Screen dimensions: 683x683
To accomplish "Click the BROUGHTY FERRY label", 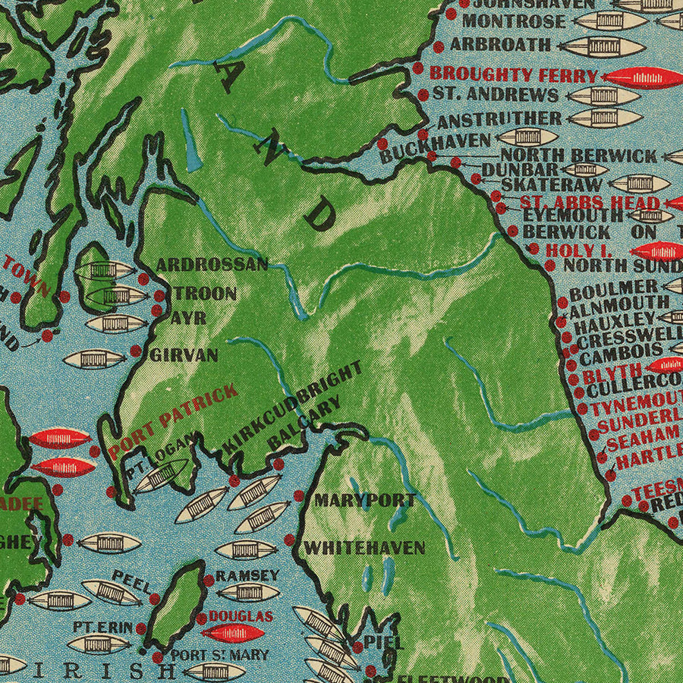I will [514, 74].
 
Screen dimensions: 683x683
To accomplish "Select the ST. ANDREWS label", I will [495, 95].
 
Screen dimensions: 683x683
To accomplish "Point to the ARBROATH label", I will [500, 44].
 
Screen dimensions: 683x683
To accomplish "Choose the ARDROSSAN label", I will [212, 265].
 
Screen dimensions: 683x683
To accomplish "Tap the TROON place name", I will [205, 294].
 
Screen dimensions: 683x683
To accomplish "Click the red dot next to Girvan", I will [136, 351].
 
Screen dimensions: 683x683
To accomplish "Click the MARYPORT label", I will [364, 501].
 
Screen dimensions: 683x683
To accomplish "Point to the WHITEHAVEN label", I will [364, 548].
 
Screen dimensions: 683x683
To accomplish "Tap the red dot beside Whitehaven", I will [289, 540].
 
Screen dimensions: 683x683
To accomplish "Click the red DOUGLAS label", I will [241, 617].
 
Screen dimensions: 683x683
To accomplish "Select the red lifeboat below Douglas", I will [232, 633].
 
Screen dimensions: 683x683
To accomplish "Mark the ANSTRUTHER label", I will [499, 119].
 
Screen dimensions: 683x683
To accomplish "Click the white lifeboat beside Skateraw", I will [639, 183].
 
